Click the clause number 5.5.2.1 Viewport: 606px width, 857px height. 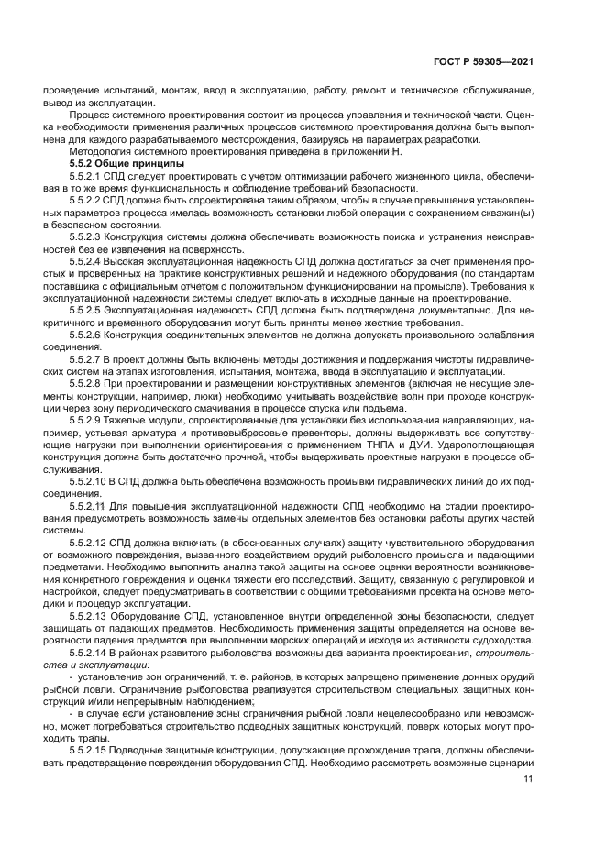(x=89, y=174)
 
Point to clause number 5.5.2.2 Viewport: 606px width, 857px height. (x=89, y=199)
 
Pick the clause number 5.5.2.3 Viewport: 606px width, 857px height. (x=89, y=236)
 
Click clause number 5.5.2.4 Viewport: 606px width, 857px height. (x=89, y=260)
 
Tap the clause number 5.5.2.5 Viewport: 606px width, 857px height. (x=89, y=310)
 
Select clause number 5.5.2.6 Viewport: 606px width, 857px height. (x=89, y=335)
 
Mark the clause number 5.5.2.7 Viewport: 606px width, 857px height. (x=89, y=359)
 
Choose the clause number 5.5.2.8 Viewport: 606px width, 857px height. (x=89, y=383)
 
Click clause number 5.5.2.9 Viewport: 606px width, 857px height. (x=89, y=420)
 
